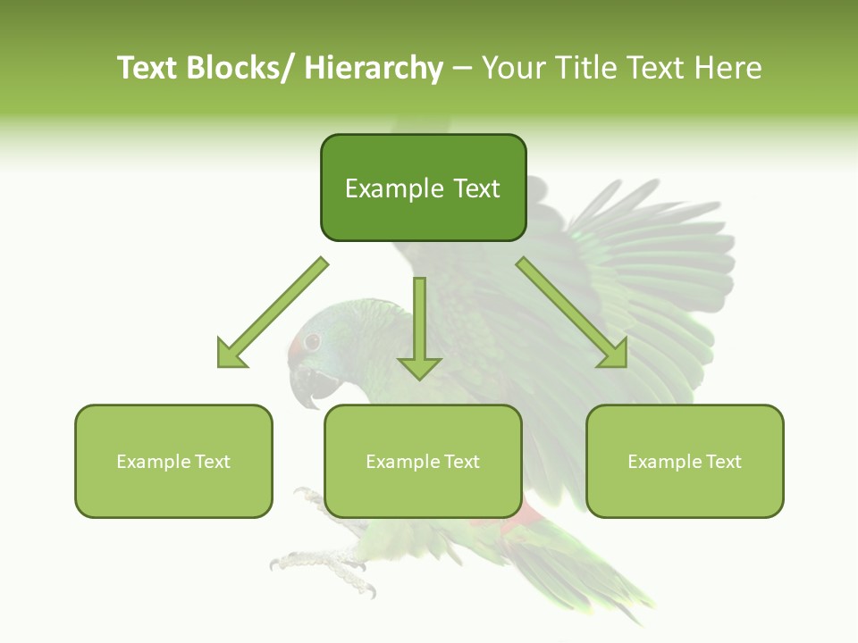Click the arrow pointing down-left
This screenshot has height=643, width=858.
pyautogui.click(x=268, y=316)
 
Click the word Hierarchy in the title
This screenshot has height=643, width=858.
pyautogui.click(x=374, y=68)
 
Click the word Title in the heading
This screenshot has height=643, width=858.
pyautogui.click(x=584, y=68)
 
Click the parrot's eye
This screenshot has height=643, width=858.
pyautogui.click(x=312, y=341)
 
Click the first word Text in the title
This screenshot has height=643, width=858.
pyautogui.click(x=147, y=68)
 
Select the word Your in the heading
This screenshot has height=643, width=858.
pyautogui.click(x=513, y=68)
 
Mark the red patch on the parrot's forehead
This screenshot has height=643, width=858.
pyautogui.click(x=294, y=348)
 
